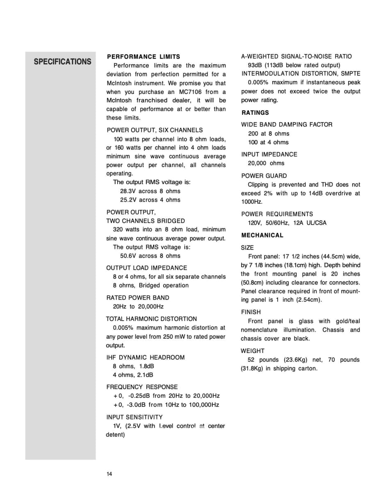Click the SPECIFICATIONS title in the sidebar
pyautogui.click(x=62, y=62)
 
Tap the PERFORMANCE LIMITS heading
pyautogui.click(x=143, y=57)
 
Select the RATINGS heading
pyautogui.click(x=255, y=113)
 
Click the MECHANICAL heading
pyautogui.click(x=262, y=235)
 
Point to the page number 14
pyautogui.click(x=109, y=474)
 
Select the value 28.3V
pyautogui.click(x=128, y=191)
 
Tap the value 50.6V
pyautogui.click(x=128, y=256)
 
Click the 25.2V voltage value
pyautogui.click(x=128, y=200)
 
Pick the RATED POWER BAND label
pyautogui.click(x=137, y=298)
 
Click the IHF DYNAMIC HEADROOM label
pyautogui.click(x=145, y=358)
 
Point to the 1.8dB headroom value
pyautogui.click(x=146, y=366)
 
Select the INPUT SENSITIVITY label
pyautogui.click(x=134, y=417)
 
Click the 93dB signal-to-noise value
pyautogui.click(x=255, y=65)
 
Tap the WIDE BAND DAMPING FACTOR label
pyautogui.click(x=287, y=125)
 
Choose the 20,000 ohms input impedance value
pyautogui.click(x=266, y=163)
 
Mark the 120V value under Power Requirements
pyautogui.click(x=254, y=223)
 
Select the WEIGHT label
pyautogui.click(x=253, y=351)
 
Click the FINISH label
pyautogui.click(x=251, y=312)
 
